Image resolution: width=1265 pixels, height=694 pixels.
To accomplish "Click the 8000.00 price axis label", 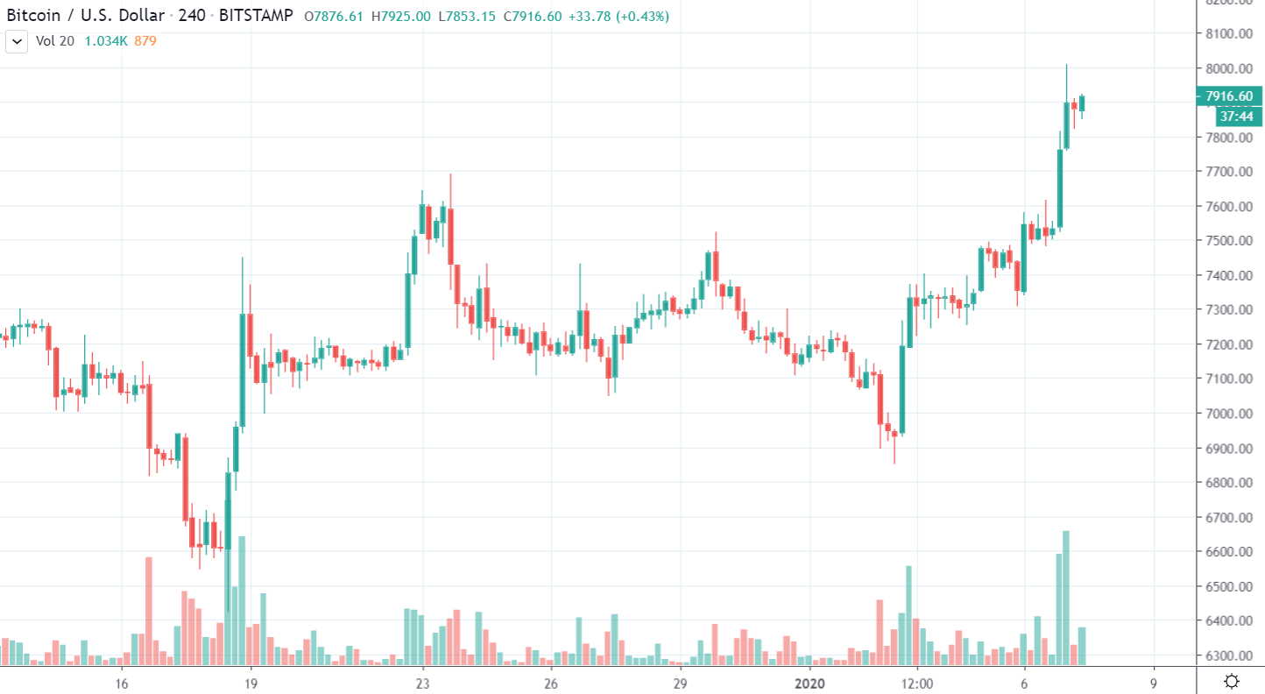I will click(1228, 68).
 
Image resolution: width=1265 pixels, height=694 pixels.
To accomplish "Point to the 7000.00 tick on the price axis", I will click(1228, 414).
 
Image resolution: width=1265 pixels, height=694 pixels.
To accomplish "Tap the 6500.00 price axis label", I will click(1228, 586).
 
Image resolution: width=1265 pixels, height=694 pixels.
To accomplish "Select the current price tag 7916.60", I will click(1229, 96).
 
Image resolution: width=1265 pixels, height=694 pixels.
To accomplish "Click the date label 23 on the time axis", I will click(422, 683).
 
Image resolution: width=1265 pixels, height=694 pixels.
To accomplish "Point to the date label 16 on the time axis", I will click(122, 683).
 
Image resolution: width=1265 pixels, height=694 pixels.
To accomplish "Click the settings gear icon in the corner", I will click(1232, 681).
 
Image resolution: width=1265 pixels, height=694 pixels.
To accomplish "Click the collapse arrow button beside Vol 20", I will click(17, 41).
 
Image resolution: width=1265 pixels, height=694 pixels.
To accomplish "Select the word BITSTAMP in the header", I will click(256, 17).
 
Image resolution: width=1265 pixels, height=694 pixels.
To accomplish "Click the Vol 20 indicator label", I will click(54, 41).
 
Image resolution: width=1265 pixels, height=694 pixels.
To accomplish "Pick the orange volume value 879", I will click(145, 41).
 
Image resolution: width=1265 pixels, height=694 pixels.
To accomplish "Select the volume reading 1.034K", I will click(106, 41).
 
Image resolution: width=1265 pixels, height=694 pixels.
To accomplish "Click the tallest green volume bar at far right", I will click(1066, 596).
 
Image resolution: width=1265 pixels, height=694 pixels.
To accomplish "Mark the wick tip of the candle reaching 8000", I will click(1066, 65).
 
